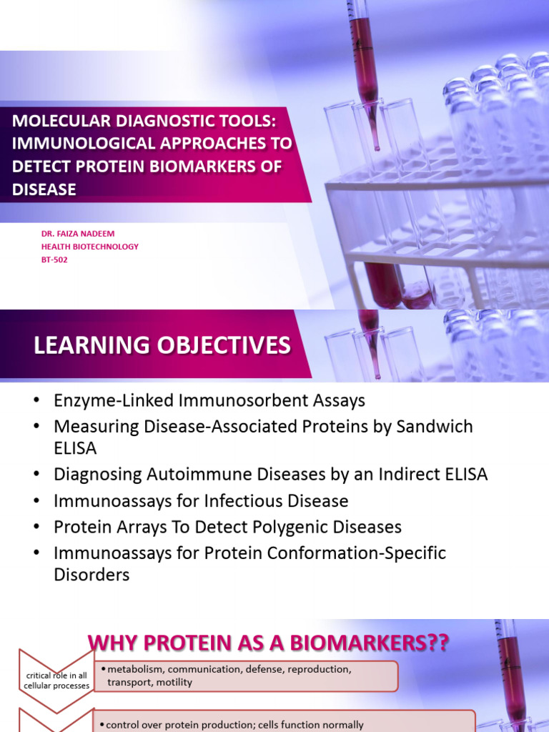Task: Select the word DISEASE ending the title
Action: (44, 189)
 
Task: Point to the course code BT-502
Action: (55, 259)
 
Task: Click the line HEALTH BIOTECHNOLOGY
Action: (90, 247)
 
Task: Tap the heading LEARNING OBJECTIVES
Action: (162, 346)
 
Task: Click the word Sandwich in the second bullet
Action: (437, 427)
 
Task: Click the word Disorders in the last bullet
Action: (91, 574)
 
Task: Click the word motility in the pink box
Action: (172, 682)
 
